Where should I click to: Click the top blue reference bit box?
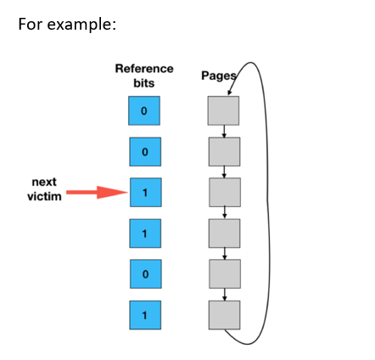[144, 110]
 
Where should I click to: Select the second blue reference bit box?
[145, 152]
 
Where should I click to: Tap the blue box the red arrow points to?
[146, 193]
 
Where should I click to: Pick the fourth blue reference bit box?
[145, 233]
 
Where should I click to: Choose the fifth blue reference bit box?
[146, 274]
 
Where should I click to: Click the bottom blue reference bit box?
[145, 315]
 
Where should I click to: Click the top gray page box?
[223, 110]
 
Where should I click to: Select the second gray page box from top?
[224, 152]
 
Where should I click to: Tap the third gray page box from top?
[225, 193]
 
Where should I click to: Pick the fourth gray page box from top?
[224, 233]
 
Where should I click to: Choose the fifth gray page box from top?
[225, 274]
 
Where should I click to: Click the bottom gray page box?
[224, 315]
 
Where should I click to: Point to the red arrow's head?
[127, 193]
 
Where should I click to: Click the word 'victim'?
[44, 196]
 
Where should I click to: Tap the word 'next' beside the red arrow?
[44, 182]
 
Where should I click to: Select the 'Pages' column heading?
[219, 76]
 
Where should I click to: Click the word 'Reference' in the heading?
[144, 69]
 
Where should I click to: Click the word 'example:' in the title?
[81, 25]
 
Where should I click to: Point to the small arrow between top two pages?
[224, 132]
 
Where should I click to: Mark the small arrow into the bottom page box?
[225, 295]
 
